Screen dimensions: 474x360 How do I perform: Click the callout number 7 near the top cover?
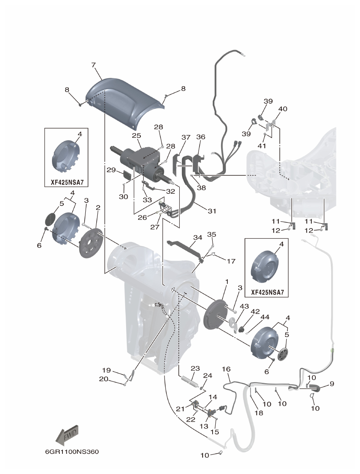coord(93,64)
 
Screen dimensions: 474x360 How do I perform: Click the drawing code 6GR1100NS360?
coord(72,452)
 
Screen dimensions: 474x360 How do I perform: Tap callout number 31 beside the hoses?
coord(212,212)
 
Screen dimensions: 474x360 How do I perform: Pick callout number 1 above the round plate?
coord(227,281)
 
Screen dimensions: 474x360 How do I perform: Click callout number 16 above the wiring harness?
coord(226,369)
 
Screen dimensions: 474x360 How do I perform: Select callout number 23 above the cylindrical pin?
coord(195,368)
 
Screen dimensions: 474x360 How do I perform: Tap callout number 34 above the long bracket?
coord(198,237)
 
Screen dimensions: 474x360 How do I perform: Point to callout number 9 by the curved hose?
coord(331,384)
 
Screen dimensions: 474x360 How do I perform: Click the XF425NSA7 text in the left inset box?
coord(67,182)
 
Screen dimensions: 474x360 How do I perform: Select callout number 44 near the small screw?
coord(265,318)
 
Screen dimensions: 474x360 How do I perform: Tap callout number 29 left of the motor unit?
coord(111,170)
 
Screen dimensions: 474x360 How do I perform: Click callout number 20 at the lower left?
coord(104,379)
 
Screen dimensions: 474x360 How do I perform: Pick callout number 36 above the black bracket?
coord(201,137)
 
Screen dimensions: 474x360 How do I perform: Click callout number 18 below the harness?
coord(259,413)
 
